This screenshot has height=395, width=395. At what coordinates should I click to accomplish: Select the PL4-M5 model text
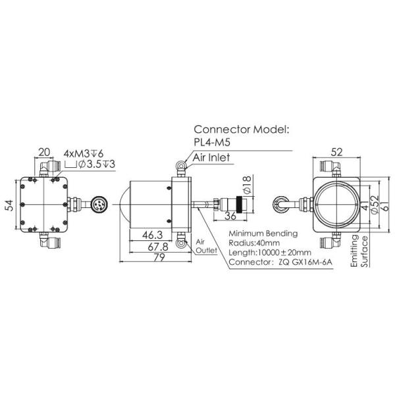pos(215,144)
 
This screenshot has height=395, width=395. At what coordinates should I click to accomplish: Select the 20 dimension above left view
pos(45,153)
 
